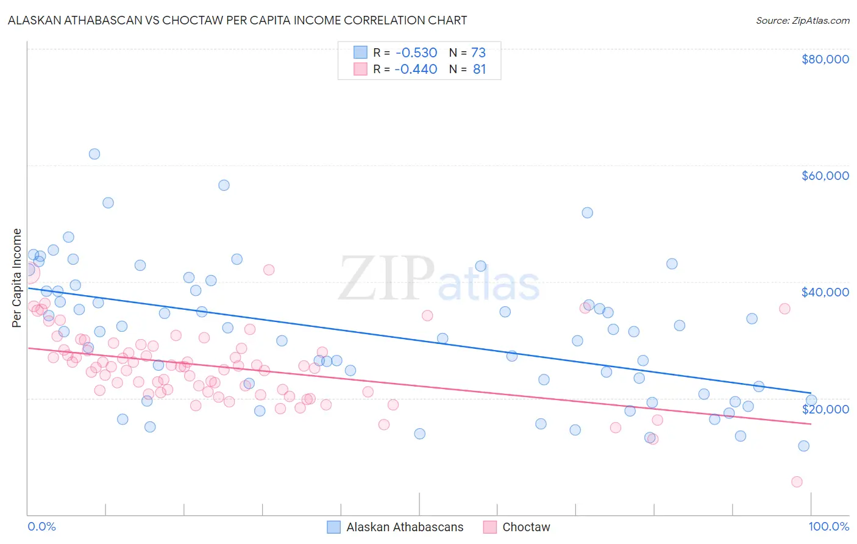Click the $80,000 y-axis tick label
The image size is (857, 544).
tap(825, 59)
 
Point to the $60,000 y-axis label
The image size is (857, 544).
tap(825, 176)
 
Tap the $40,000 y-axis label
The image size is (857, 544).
tap(825, 292)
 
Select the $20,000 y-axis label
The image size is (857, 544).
tap(825, 409)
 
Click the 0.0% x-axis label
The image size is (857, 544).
tap(41, 526)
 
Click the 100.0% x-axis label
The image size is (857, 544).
tap(829, 526)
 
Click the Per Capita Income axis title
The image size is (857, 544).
tap(17, 277)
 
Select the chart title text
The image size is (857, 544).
tap(237, 20)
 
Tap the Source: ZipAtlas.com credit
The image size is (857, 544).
tap(802, 21)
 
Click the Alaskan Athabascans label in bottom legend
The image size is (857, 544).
tap(405, 527)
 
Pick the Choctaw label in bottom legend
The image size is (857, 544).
tap(526, 527)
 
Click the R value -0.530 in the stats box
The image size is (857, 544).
tap(416, 52)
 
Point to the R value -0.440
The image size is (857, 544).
tap(416, 69)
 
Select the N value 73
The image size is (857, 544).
tap(478, 52)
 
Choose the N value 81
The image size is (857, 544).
tap(479, 69)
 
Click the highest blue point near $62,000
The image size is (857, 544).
tap(94, 154)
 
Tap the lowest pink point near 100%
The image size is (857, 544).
tap(797, 482)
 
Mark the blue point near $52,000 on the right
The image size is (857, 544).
tap(587, 213)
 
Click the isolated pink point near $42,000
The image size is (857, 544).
tap(269, 270)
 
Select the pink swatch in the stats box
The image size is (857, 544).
tap(360, 69)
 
